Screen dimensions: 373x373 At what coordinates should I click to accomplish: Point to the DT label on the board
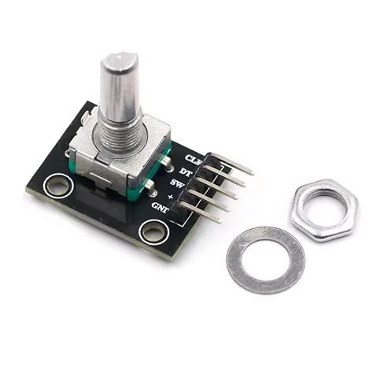pyautogui.click(x=185, y=172)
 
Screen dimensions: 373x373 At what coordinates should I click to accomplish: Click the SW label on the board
pyautogui.click(x=177, y=186)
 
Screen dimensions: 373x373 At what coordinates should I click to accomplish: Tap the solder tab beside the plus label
pyautogui.click(x=150, y=186)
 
